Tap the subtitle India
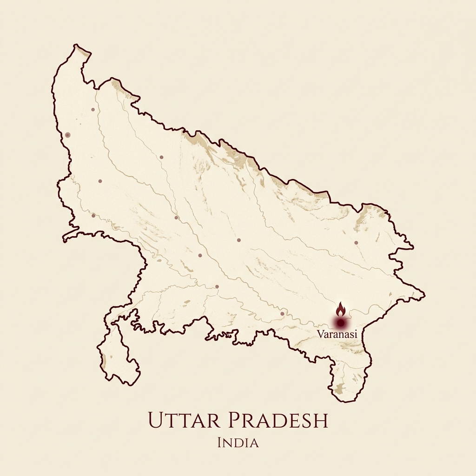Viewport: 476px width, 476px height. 238,443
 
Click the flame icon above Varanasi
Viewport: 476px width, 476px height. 341,308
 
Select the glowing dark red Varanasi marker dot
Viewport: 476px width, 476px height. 341,322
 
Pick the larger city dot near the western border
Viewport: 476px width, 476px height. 68,135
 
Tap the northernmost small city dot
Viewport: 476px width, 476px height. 93,110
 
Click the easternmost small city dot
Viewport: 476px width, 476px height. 356,243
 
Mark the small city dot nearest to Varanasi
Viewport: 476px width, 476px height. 282,314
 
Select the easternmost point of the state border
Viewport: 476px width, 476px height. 424,293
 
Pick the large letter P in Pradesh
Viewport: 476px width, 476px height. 232,420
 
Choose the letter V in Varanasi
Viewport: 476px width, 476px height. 320,334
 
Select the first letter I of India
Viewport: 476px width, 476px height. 219,443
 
